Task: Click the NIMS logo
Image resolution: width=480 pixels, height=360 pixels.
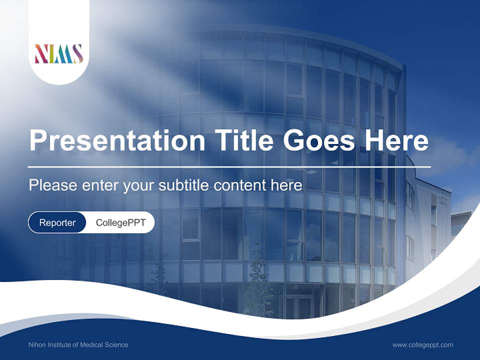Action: tap(58, 54)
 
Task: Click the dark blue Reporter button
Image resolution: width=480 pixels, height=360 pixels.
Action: tap(57, 222)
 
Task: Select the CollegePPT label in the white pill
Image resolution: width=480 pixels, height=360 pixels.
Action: tap(120, 222)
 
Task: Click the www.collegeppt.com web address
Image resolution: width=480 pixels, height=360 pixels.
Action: tap(422, 345)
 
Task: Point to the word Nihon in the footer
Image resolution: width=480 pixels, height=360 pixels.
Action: tap(38, 345)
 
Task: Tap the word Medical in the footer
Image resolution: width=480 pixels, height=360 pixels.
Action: tap(92, 345)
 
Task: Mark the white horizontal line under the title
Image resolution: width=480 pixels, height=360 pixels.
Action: tap(229, 166)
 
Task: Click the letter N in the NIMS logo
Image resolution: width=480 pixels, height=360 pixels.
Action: tap(40, 54)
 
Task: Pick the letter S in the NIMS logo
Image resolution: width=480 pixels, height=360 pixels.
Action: tap(77, 54)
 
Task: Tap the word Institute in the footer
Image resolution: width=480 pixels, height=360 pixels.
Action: tap(61, 345)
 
